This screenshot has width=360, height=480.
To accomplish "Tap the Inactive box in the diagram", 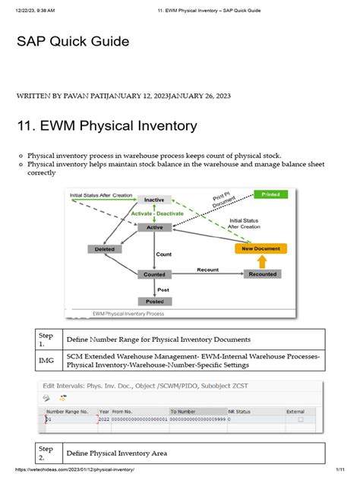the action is (154, 200).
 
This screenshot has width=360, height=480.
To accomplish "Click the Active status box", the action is (154, 227).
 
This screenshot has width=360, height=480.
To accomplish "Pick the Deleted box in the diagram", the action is (105, 248).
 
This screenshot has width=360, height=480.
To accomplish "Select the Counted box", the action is (154, 275).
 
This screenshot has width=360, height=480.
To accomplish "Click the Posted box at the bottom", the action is (154, 302).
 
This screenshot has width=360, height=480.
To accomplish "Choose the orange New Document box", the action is (261, 248).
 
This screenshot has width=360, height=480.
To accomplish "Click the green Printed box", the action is (271, 194).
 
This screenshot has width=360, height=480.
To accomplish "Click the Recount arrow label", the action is (207, 270).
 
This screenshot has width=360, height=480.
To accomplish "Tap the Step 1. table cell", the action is (47, 339).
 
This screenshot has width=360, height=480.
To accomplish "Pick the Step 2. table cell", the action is (47, 453).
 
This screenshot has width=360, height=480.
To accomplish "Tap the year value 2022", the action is (103, 419).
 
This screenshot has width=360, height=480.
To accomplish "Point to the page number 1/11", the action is (346, 471).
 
